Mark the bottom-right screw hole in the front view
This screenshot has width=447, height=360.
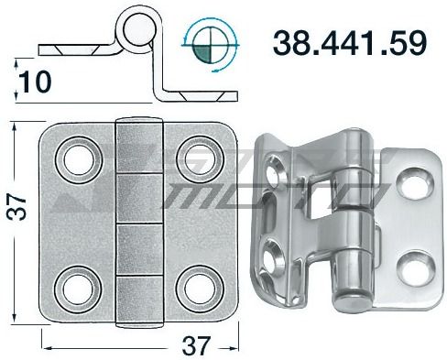(196, 286)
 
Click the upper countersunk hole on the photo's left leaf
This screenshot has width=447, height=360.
(275, 169)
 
